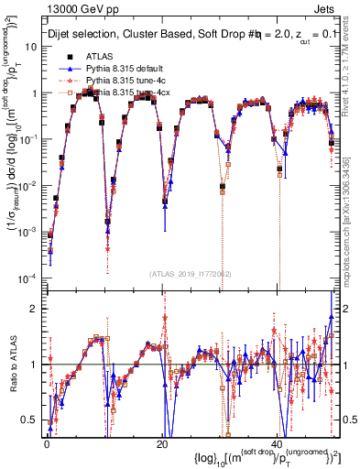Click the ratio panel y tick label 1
coord(37,365)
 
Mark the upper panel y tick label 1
coord(37,93)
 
